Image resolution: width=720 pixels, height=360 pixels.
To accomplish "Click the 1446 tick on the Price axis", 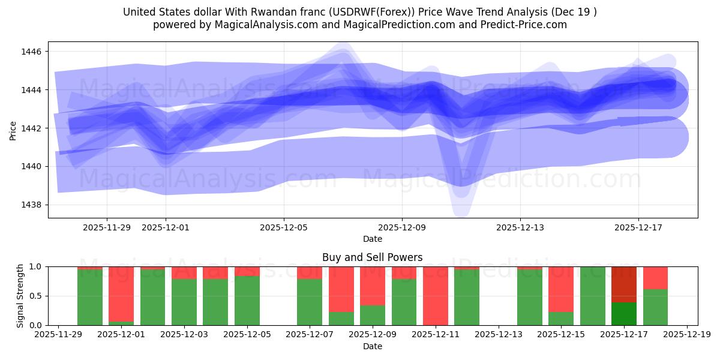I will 32,52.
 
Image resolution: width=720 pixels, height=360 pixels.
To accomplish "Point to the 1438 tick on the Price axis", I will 32,205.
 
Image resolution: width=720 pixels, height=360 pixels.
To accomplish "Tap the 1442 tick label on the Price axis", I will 32,128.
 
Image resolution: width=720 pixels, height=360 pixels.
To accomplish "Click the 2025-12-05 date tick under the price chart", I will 284,228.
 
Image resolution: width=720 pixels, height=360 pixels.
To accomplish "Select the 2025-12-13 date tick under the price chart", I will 520,228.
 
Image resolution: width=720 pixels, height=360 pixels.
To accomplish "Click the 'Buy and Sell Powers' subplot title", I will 372,257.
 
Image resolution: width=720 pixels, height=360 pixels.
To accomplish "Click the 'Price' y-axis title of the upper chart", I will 13,130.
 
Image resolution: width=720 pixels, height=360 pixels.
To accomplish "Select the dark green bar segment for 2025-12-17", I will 624,314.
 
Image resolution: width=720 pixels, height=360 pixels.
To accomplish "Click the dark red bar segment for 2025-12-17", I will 624,284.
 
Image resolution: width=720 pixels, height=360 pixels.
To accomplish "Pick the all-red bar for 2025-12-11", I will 436,296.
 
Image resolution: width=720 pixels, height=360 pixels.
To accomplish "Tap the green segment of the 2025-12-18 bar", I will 655,307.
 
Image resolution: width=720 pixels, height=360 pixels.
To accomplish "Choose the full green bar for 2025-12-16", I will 592,296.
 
